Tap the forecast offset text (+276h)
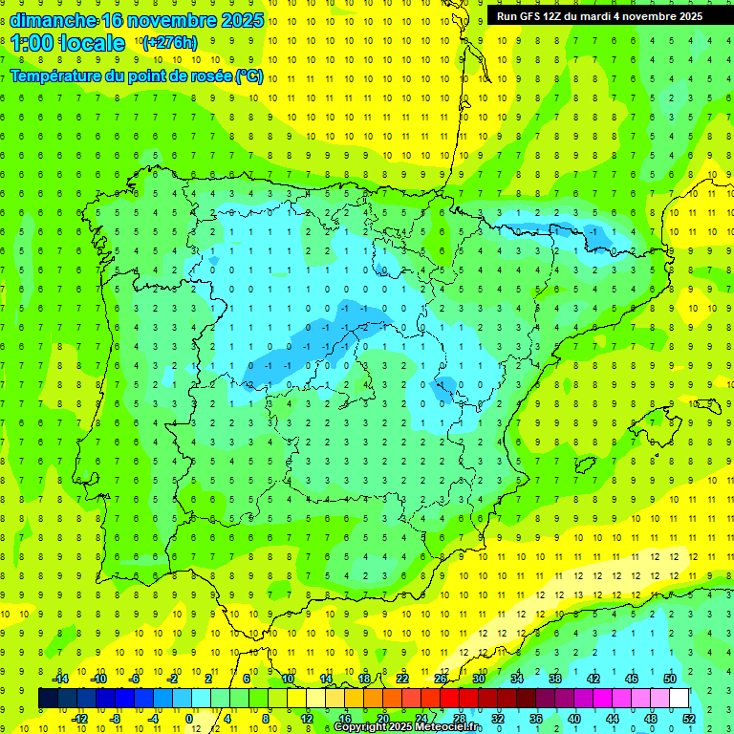pos(169,43)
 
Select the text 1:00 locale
pos(68,43)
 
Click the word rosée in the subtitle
pos(209,76)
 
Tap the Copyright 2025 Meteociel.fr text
pos(407,727)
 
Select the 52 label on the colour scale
pos(689,718)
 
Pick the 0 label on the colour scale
pos(190,718)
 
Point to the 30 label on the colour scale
pos(479,679)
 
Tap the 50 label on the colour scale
pos(670,679)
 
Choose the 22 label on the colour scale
pos(402,679)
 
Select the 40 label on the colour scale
pos(573,718)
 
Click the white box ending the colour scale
pos(679,699)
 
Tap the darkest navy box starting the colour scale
pos(48,699)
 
